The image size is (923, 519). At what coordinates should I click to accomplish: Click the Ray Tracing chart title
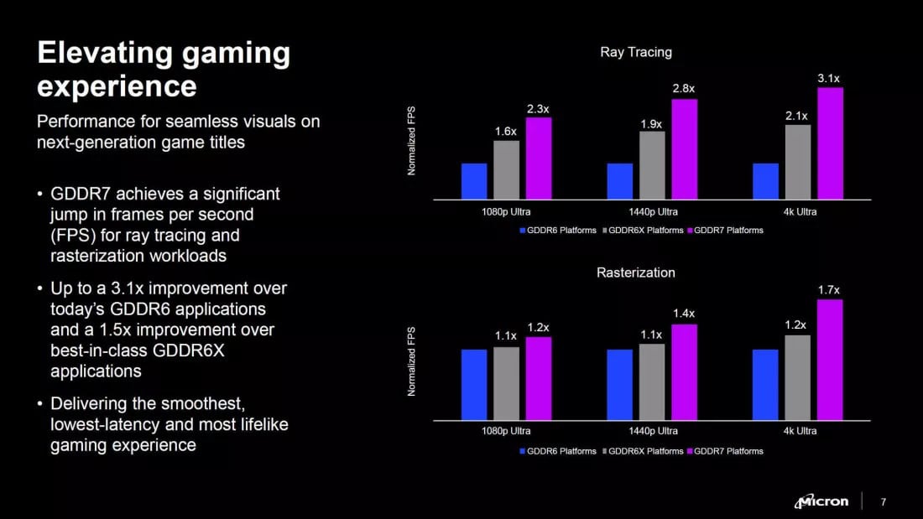click(636, 52)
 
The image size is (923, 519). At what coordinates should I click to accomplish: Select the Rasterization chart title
click(636, 272)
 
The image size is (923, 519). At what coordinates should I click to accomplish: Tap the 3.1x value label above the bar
click(828, 78)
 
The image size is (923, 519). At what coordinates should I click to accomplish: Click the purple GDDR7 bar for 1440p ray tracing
click(684, 149)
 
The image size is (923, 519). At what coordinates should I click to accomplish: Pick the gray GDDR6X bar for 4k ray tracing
click(798, 162)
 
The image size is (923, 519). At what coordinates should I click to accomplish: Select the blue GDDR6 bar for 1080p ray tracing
click(474, 181)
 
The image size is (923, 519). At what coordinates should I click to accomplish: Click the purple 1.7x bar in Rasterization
click(830, 360)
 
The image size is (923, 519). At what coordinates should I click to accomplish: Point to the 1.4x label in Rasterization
click(684, 314)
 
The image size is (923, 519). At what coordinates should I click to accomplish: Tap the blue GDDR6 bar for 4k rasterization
click(765, 385)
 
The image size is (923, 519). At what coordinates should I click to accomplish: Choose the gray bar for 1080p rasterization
click(506, 383)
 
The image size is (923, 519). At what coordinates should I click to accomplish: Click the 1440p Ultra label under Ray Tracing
click(651, 211)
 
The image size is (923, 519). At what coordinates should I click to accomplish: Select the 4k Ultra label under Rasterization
click(796, 431)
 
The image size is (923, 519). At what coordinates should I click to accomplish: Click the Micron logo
click(821, 501)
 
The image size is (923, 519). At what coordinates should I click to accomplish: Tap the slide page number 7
click(883, 502)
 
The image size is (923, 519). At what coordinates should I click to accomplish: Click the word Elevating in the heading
click(97, 54)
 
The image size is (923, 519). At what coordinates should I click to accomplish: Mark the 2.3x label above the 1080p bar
click(538, 109)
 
